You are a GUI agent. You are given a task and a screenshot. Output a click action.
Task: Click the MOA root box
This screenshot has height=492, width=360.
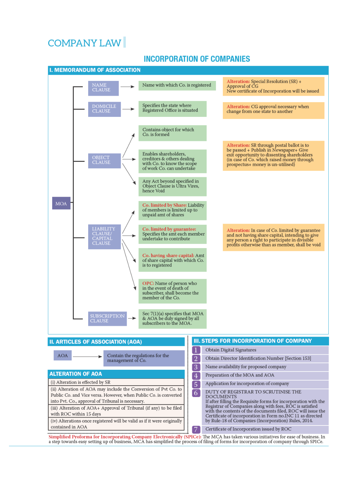coord(61,204)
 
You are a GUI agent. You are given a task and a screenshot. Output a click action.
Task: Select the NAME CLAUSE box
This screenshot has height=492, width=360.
coord(103,88)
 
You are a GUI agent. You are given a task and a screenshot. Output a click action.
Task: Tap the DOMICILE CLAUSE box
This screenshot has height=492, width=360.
coord(104,109)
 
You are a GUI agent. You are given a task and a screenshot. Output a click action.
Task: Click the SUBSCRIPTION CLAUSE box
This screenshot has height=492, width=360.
coord(107,319)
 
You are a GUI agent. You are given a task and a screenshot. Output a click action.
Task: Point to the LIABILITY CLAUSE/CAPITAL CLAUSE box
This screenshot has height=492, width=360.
coord(104,236)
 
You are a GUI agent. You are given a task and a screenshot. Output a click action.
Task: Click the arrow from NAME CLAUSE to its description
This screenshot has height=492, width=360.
coord(127,87)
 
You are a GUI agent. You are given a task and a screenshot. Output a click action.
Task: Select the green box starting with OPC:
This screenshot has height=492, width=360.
coord(172,291)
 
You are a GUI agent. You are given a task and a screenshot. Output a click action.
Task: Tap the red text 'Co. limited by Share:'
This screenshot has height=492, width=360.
coord(164,205)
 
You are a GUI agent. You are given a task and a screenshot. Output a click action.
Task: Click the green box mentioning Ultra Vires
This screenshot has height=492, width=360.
coord(172,186)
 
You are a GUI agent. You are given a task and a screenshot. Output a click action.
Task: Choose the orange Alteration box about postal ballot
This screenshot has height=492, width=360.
coord(273,155)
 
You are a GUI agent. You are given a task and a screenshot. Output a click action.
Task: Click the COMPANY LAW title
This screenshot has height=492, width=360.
coord(85,43)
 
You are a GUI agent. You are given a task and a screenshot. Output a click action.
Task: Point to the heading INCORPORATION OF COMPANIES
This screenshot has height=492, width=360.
coord(197,59)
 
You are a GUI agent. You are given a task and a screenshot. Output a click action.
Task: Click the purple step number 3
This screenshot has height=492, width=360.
coord(196,367)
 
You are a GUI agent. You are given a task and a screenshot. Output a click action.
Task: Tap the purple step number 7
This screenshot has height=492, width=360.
coord(196,429)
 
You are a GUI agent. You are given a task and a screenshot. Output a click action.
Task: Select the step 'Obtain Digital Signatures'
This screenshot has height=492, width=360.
coord(231,350)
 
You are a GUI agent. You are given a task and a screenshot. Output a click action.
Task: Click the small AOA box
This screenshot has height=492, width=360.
coord(63,356)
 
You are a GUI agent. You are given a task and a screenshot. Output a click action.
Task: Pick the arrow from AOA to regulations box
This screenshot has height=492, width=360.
coord(87,356)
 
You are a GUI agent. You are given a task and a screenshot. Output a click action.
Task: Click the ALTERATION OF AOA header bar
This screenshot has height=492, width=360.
coord(116,374)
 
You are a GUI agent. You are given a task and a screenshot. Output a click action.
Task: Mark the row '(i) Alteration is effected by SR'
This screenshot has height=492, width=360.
coord(116,382)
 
